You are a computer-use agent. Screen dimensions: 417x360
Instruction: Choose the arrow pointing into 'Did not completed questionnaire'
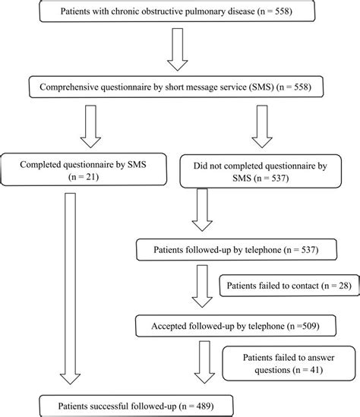pyautogui.click(x=263, y=126)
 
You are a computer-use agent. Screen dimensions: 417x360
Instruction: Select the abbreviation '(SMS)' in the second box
pyautogui.click(x=259, y=87)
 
